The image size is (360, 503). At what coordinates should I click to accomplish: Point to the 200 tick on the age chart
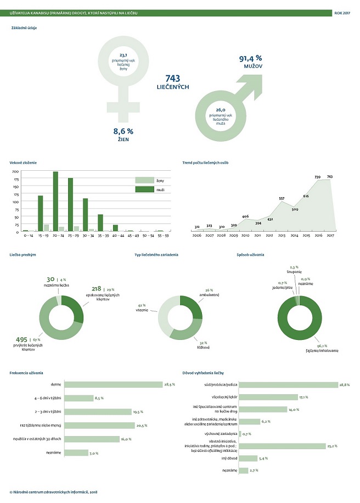click(x=15, y=172)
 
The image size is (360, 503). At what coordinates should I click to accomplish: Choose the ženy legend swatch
click(x=141, y=180)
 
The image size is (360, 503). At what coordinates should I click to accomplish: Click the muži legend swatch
click(x=141, y=189)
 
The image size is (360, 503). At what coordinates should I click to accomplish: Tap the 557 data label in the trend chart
click(x=282, y=198)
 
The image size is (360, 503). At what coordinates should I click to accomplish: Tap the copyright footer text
click(x=54, y=492)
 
